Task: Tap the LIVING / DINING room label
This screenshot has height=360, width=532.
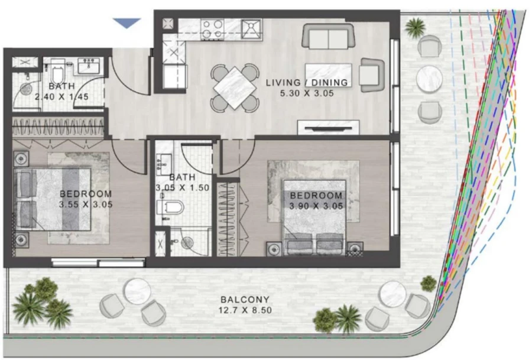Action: coord(307,82)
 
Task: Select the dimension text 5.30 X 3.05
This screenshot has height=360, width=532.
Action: coord(307,93)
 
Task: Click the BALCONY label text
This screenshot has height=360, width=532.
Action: coord(245,299)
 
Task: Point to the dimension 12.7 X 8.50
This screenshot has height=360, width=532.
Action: coord(245,310)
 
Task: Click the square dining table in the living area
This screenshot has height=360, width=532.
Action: coord(235,87)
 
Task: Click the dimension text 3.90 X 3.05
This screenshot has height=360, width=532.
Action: coord(315,206)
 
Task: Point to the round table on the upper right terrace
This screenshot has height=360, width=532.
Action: coord(429,78)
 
